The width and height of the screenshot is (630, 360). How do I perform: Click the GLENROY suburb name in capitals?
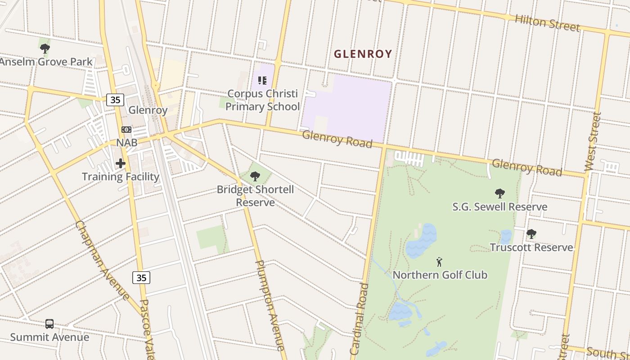point(363,54)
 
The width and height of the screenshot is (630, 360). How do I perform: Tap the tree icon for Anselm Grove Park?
point(45,48)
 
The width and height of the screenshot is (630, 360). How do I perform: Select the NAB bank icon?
point(126,130)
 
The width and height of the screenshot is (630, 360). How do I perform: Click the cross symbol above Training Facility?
point(121,163)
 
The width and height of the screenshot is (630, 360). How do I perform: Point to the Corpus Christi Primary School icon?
point(262,81)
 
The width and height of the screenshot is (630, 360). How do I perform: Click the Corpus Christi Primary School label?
point(262,100)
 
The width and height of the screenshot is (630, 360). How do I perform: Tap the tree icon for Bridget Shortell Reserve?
point(255,176)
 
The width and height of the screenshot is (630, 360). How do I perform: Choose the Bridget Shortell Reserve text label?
point(255,196)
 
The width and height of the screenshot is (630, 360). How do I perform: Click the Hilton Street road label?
point(547,22)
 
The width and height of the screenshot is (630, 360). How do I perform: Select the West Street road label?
point(593,141)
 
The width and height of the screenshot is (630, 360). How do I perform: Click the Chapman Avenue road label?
point(102,260)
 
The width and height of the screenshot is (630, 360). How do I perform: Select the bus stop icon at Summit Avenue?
point(49,324)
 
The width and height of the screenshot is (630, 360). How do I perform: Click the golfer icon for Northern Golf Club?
point(440,261)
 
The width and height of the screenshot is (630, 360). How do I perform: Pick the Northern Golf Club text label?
point(440,274)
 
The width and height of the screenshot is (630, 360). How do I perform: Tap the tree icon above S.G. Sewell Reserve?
point(499,193)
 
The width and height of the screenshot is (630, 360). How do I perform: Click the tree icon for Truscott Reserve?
point(531,234)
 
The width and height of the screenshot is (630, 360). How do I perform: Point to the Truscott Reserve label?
point(531,247)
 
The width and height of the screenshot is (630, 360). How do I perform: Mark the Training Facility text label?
point(121,176)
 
